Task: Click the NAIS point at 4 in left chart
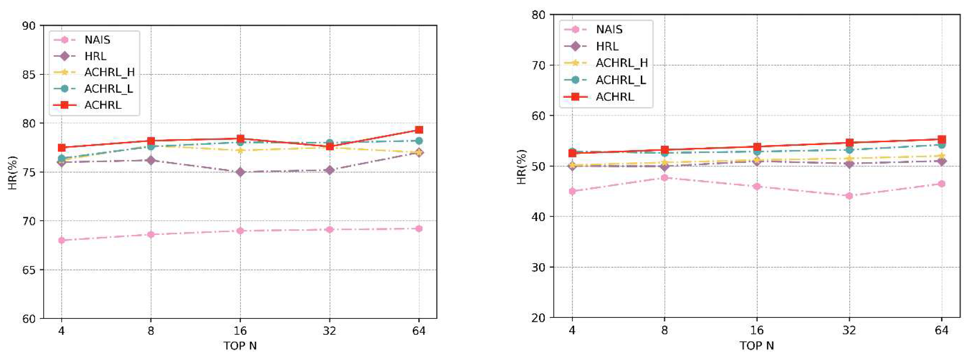pos(61,240)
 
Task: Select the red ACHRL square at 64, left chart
pos(419,130)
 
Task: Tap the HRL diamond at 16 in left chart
pos(240,172)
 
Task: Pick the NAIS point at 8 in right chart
pos(664,177)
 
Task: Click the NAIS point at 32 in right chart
pos(849,196)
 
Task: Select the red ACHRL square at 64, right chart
pos(941,139)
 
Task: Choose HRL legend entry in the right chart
pos(607,46)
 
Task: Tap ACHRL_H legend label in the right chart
pos(621,63)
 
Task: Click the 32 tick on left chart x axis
pos(329,331)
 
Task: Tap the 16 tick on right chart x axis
pos(757,330)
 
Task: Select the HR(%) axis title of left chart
pos(12,172)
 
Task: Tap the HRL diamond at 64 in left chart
pos(419,152)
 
